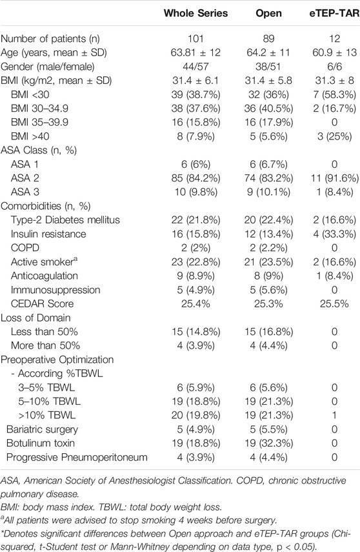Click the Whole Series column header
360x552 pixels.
pyautogui.click(x=195, y=14)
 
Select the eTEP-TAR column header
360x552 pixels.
pyautogui.click(x=334, y=14)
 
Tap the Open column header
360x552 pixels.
pyautogui.click(x=268, y=14)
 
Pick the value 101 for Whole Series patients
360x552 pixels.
pyautogui.click(x=195, y=38)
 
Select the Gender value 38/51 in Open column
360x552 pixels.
pyautogui.click(x=268, y=66)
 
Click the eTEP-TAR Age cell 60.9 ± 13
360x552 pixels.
pyautogui.click(x=334, y=52)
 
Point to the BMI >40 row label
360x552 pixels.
pyautogui.click(x=30, y=136)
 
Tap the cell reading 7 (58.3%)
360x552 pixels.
pyautogui.click(x=334, y=94)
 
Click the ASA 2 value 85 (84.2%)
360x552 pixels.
pyautogui.click(x=195, y=178)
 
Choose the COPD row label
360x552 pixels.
pyautogui.click(x=25, y=248)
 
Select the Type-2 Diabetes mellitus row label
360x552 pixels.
pyautogui.click(x=65, y=220)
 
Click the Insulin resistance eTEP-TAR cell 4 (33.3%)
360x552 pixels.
pyautogui.click(x=334, y=234)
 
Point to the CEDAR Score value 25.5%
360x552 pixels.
pyautogui.click(x=334, y=303)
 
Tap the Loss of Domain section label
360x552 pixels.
pyautogui.click(x=35, y=318)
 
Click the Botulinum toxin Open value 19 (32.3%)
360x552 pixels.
pyautogui.click(x=268, y=444)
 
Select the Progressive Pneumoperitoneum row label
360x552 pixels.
pyautogui.click(x=77, y=457)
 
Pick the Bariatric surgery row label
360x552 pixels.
pyautogui.click(x=42, y=429)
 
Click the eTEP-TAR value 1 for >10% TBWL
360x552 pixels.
pyautogui.click(x=334, y=415)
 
